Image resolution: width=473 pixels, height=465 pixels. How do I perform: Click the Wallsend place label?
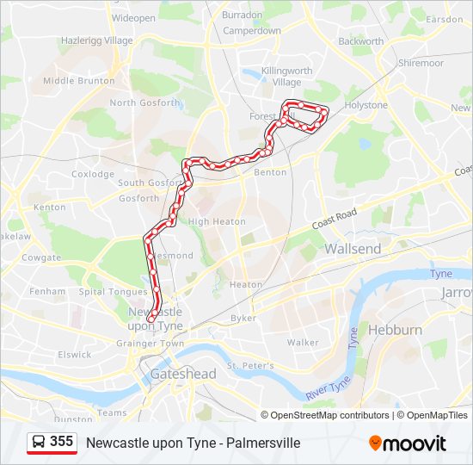352,248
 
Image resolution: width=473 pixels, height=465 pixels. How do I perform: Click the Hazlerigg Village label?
97,40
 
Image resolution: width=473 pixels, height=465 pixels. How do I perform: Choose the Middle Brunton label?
78,81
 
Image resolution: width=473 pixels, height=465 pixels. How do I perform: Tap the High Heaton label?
211,221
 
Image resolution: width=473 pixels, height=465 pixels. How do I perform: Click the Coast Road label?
334,219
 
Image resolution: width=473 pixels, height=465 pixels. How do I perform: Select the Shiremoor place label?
421,63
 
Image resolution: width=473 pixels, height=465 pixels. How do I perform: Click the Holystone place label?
366,105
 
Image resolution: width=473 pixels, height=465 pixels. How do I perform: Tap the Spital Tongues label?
113,292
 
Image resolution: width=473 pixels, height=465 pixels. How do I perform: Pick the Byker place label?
243,318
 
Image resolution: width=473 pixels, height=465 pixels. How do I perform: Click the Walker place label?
303,342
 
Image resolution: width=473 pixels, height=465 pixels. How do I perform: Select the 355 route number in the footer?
61,442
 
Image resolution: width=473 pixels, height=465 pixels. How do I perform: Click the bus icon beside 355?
39,442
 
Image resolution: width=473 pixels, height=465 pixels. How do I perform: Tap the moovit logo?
408,443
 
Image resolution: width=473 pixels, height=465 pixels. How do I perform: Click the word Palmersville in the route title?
259,443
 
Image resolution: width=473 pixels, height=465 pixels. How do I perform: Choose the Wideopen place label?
133,17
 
